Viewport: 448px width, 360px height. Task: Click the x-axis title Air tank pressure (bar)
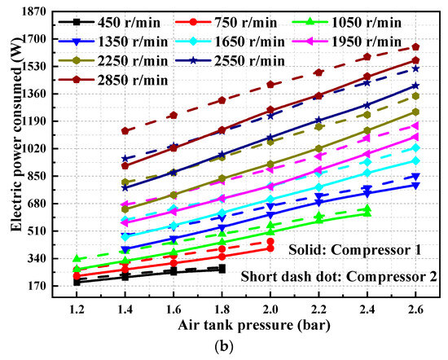(x=248, y=327)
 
